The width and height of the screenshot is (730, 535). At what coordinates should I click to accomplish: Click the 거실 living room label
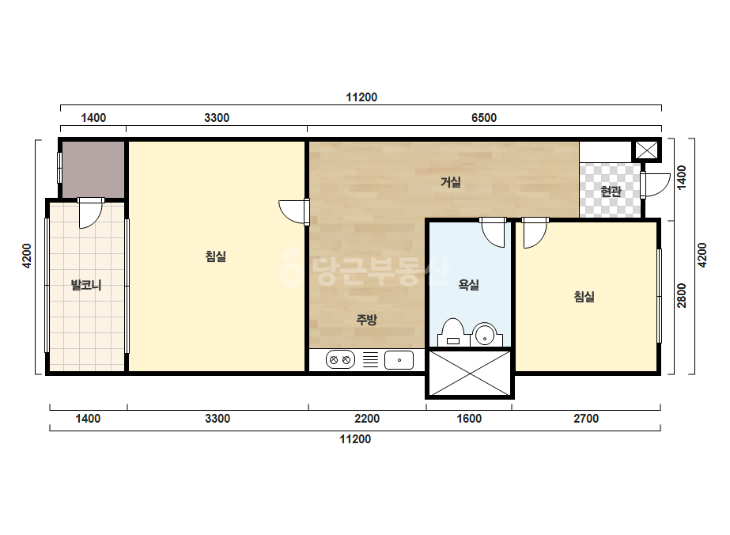point(451,182)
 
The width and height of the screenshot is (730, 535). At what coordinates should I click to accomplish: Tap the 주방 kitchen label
point(366,320)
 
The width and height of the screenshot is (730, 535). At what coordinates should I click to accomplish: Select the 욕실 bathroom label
point(469,285)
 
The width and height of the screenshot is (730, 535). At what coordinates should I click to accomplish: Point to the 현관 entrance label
point(611,191)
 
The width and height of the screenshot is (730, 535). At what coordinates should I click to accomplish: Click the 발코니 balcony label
point(86,285)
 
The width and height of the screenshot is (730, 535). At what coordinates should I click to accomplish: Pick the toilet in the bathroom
point(452,332)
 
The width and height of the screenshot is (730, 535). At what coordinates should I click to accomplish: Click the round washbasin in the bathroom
point(485,334)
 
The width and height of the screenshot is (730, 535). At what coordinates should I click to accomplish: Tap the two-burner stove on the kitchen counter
point(340,360)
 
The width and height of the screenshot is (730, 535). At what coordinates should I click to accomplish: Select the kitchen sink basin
point(399,360)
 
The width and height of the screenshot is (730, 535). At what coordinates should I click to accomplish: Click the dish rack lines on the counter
point(371,360)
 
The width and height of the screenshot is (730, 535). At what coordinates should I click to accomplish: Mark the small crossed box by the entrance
point(647,150)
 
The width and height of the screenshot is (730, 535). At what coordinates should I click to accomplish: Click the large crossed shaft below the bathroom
point(470,374)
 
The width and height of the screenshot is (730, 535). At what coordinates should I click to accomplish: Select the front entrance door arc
point(656,185)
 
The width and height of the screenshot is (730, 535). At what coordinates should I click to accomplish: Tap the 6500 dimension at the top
point(484,118)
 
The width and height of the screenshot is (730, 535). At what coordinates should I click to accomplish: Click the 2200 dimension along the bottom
point(367,419)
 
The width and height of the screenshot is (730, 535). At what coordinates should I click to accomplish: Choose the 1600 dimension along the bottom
point(469,419)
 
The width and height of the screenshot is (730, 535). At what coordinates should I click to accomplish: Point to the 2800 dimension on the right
point(682,295)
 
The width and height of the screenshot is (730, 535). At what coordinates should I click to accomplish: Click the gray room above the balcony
point(93,169)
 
